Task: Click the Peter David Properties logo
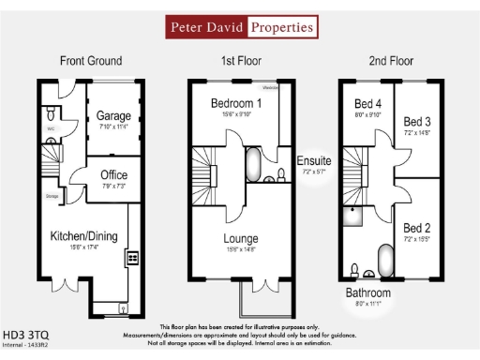(x=241, y=27)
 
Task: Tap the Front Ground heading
(x=91, y=61)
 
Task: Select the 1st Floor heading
(x=241, y=61)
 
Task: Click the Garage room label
(x=113, y=117)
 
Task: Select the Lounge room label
(x=240, y=239)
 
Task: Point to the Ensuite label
(x=314, y=161)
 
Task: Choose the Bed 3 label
(x=416, y=122)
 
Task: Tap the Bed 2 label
(x=416, y=228)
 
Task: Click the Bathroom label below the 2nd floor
(x=367, y=292)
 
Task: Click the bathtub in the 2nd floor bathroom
(x=384, y=260)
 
